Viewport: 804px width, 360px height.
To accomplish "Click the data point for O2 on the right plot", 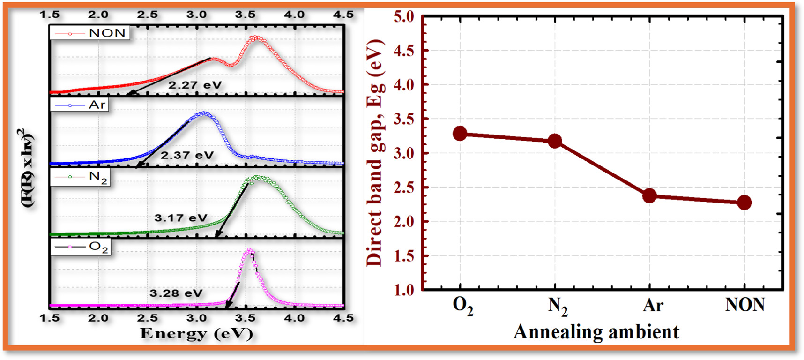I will tap(460, 134).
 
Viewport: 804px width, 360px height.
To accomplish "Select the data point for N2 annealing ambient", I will tap(555, 141).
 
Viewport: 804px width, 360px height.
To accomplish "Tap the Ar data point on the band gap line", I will tap(649, 195).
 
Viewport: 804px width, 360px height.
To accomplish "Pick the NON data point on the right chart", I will tap(744, 202).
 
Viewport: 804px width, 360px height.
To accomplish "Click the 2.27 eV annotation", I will tap(195, 85).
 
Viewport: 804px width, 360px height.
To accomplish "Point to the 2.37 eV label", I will tap(187, 155).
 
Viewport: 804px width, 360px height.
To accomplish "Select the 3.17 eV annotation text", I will tap(180, 218).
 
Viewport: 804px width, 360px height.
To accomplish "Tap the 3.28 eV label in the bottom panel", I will tap(176, 293).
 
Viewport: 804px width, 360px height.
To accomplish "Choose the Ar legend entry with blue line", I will tap(80, 105).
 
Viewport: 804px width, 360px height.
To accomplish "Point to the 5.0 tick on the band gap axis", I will tap(404, 17).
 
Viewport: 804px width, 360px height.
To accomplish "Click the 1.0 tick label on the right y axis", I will tap(404, 290).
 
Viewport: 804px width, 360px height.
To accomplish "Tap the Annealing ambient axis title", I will tap(596, 332).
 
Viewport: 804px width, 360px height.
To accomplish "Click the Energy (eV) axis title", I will tap(196, 334).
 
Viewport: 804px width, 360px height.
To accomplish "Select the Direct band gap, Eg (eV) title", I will tap(375, 152).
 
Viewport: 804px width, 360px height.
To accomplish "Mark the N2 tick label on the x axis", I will tap(558, 306).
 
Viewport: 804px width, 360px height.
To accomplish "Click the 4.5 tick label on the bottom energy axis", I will tap(343, 318).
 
